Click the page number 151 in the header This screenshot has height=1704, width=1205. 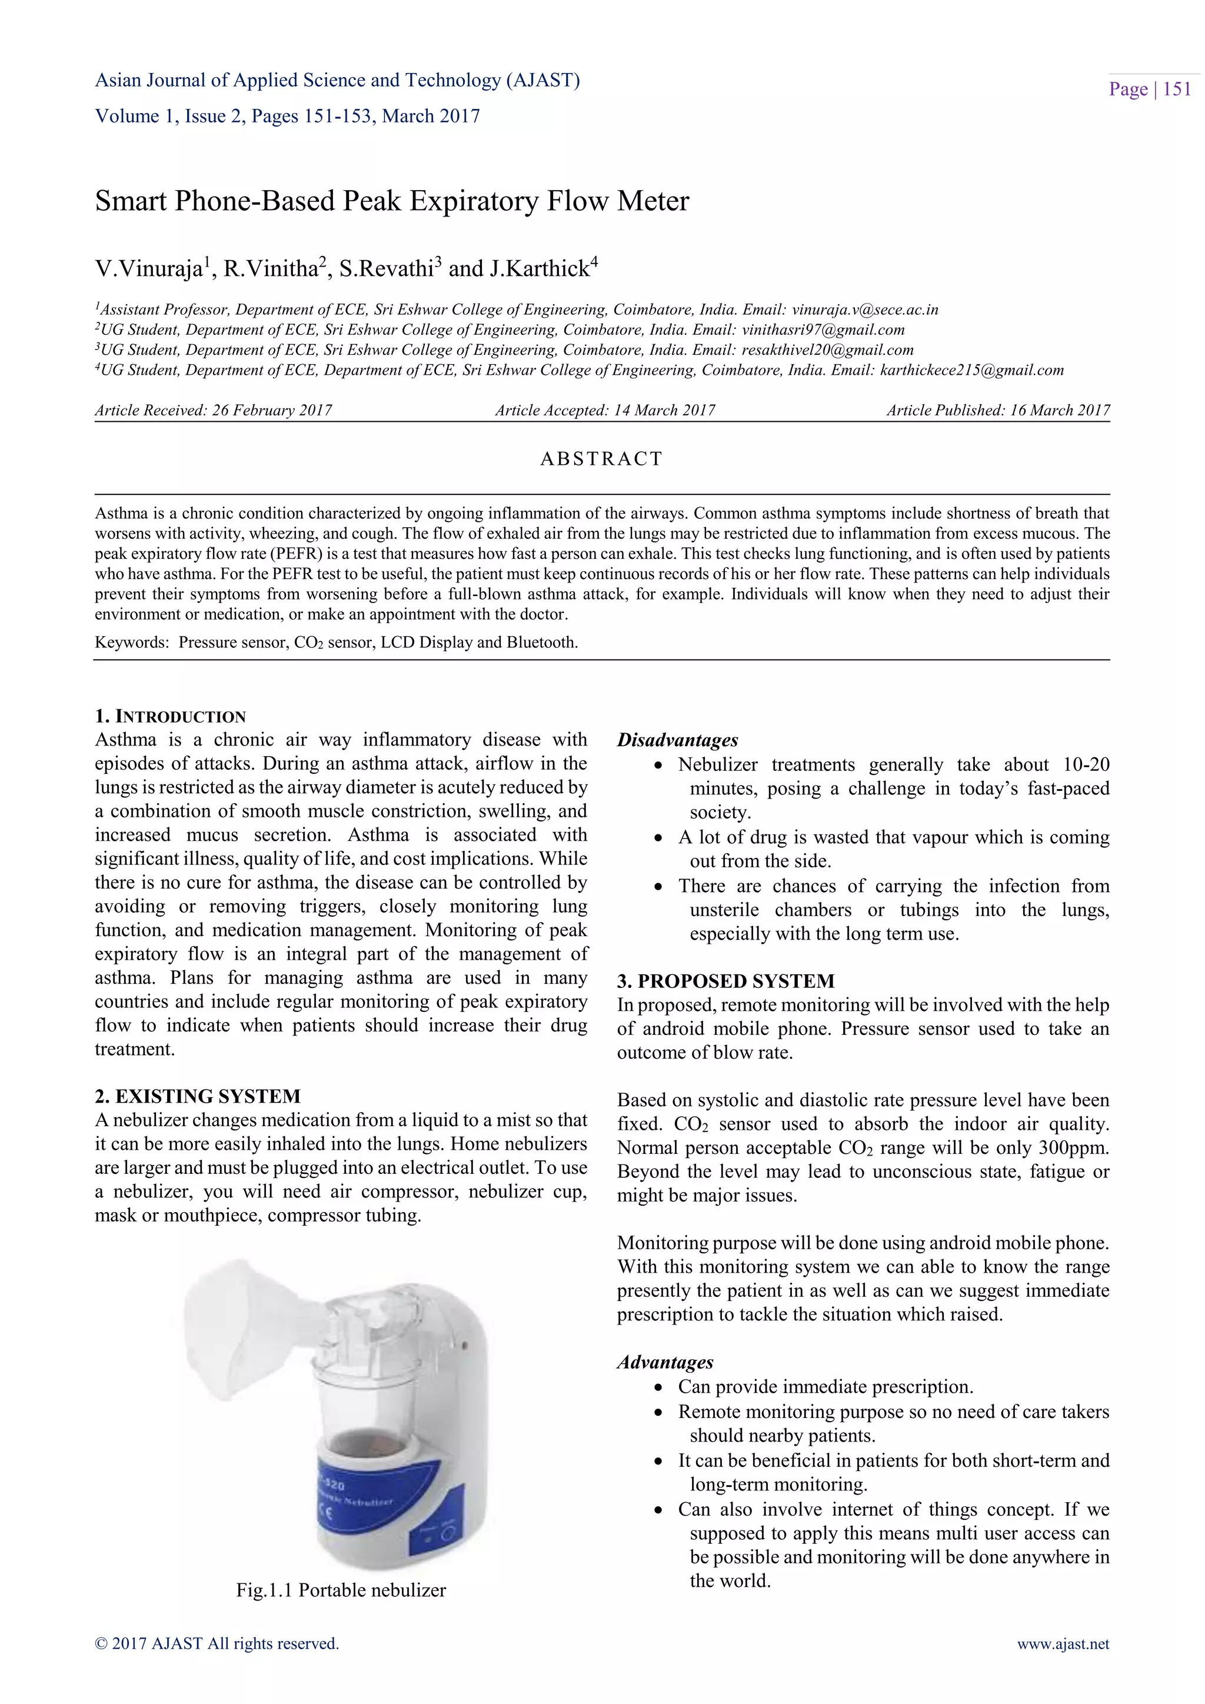click(x=1176, y=90)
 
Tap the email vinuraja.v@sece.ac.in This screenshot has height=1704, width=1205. click(x=864, y=309)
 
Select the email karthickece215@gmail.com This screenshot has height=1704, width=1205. click(x=971, y=370)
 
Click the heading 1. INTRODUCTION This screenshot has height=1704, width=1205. click(x=170, y=716)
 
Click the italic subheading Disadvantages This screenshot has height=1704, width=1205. click(x=677, y=740)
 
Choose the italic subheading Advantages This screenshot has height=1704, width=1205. click(x=665, y=1362)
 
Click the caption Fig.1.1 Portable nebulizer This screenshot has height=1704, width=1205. click(x=341, y=1590)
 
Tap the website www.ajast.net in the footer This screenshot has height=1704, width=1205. click(x=1063, y=1644)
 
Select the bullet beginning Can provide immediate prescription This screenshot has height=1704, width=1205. click(x=824, y=1387)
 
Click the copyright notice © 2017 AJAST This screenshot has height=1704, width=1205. click(x=217, y=1644)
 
